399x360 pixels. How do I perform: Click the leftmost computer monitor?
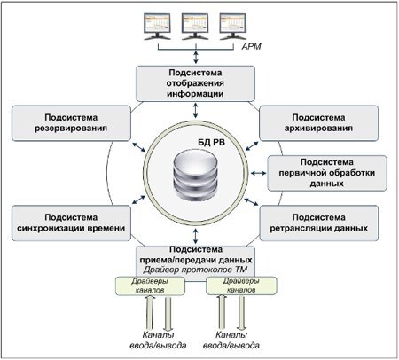point(157,27)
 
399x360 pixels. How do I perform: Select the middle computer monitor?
point(195,27)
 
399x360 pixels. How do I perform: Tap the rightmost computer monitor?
point(233,27)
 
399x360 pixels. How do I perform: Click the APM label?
point(251,46)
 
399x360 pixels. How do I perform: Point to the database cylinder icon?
point(195,175)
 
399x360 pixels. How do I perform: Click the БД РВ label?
point(211,143)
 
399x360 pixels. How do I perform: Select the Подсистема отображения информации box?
point(195,83)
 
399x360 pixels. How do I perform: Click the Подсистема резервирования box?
point(71,123)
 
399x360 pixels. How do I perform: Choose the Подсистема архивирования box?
point(318,123)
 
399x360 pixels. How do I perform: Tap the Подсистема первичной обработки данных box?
point(327,173)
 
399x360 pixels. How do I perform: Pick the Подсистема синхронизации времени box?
point(71,223)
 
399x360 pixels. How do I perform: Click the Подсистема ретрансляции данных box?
point(319,223)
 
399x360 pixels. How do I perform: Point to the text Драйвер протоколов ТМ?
point(195,270)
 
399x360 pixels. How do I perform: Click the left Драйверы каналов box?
point(150,286)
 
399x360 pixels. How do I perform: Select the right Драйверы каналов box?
point(241,286)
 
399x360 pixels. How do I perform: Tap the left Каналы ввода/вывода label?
point(158,340)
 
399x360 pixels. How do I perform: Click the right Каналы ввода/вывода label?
point(231,340)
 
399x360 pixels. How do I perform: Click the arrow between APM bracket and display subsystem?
point(196,57)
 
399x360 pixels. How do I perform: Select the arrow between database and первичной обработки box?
point(258,173)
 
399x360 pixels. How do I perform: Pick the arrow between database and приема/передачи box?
point(195,236)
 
